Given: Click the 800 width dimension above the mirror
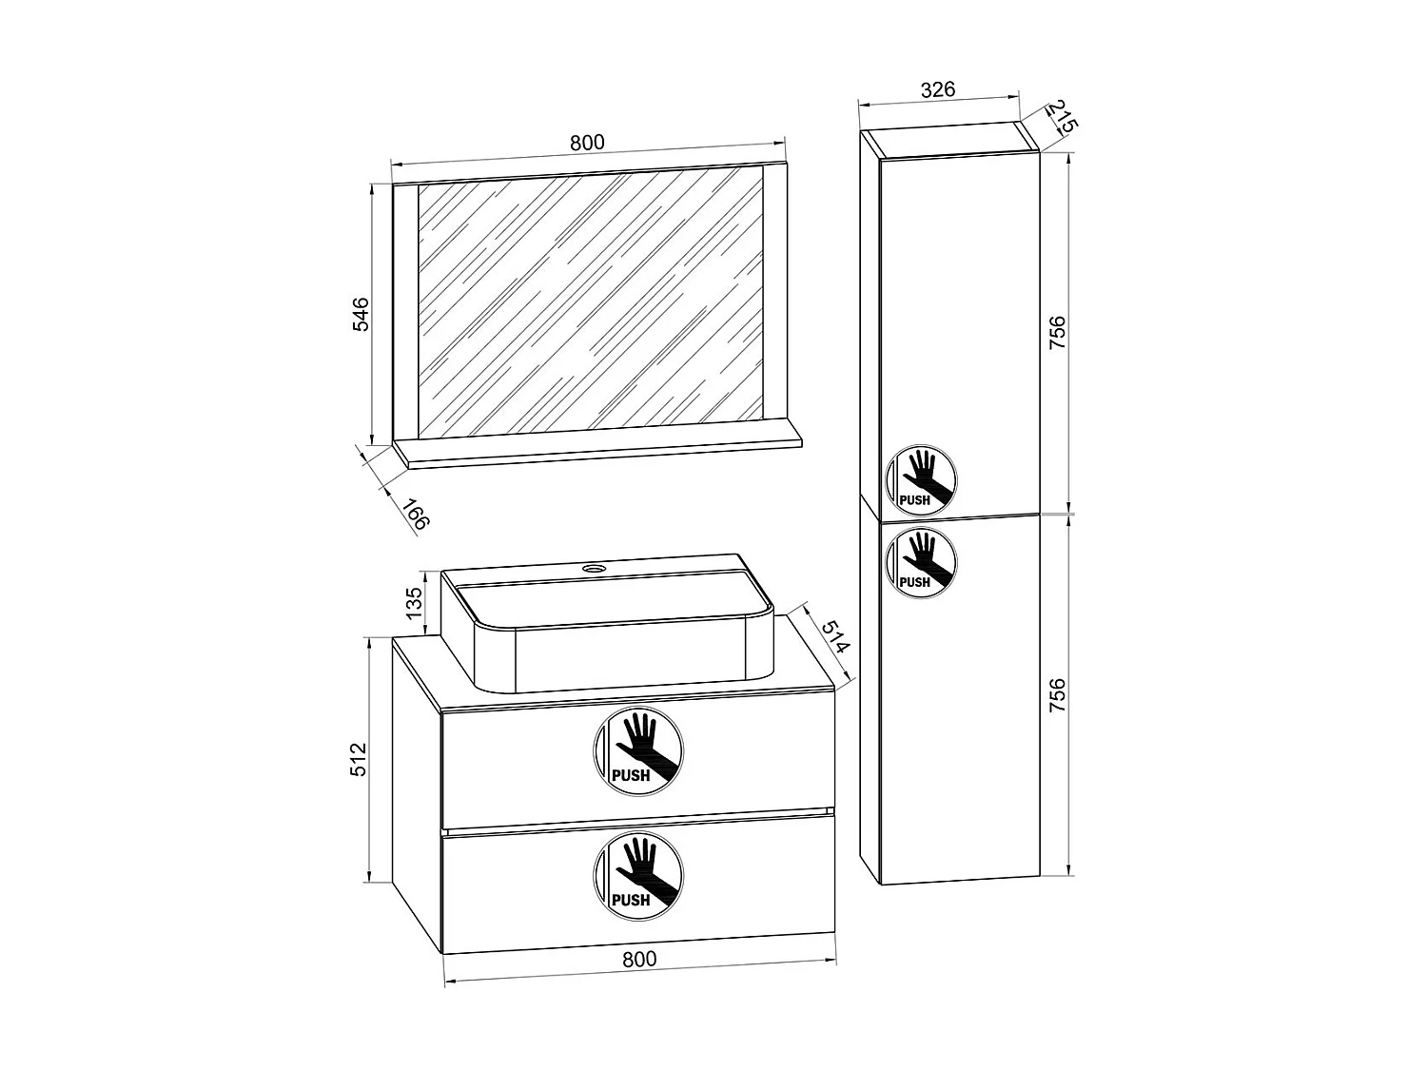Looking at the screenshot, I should pos(587,143).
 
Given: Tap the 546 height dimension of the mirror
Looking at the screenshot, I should pos(361,313).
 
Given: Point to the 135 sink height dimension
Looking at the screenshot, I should pos(414,604).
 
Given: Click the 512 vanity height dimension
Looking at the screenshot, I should pos(358,759).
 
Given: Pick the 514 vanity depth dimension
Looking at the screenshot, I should pos(834,636).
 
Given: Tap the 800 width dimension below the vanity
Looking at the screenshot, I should pos(638,959).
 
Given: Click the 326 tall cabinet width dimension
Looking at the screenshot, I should pos(937,90).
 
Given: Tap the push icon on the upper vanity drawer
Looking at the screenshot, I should pos(638,750).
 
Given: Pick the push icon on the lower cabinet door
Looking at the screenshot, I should pos(921,561).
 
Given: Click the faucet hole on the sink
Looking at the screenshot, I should pos(596,570).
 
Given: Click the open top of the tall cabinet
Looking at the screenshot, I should pos(949,139).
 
